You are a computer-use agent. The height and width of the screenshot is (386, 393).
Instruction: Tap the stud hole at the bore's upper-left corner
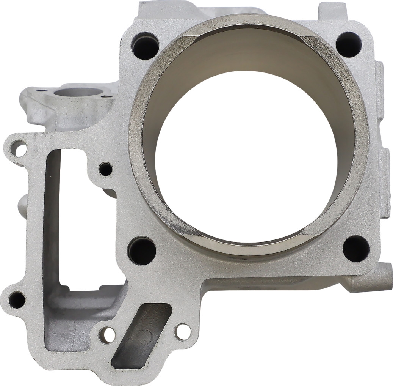146,46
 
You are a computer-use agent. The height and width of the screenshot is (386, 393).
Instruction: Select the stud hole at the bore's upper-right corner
348,44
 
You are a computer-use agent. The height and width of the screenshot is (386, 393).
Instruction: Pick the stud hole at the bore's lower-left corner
142,251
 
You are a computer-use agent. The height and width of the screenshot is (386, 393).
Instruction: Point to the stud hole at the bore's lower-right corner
356,249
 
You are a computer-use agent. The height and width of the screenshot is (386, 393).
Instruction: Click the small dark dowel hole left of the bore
106,169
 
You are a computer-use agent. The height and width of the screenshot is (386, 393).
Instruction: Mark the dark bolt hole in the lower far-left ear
17,300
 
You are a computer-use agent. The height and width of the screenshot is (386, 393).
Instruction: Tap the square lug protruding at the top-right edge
332,11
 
